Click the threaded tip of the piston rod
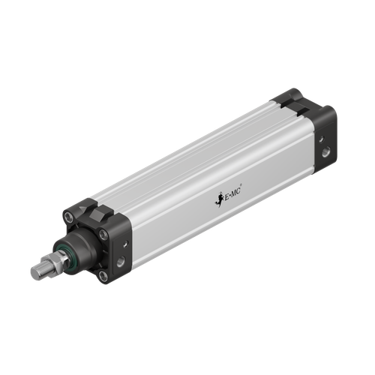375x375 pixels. (36, 271)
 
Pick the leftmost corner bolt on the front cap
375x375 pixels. (69, 218)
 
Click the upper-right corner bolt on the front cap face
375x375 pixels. (103, 235)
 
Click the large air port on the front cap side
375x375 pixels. (121, 262)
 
